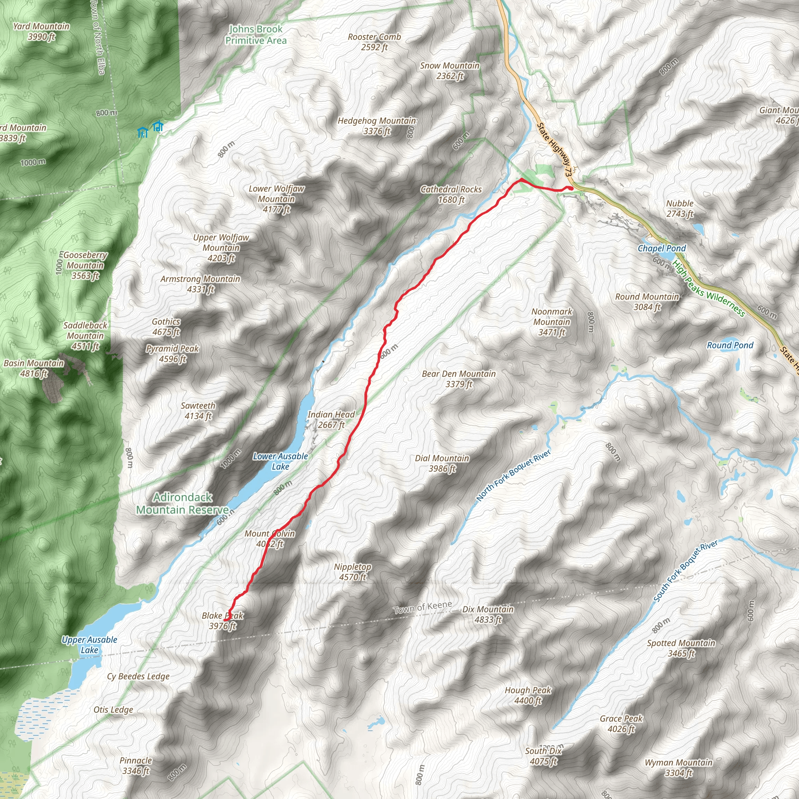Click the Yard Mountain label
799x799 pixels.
[x=41, y=32]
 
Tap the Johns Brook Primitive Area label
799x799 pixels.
[x=256, y=35]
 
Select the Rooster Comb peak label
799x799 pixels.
[x=374, y=42]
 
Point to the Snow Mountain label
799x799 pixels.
[x=449, y=71]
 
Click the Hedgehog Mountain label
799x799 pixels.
[x=377, y=126]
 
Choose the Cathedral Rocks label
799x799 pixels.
[x=451, y=194]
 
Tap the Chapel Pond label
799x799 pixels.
[x=661, y=248]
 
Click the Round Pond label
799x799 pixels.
[x=730, y=345]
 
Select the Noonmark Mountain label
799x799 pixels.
[x=552, y=321]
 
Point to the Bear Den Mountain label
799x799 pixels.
[x=459, y=379]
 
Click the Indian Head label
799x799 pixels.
[x=331, y=419]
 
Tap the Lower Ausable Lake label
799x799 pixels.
[x=281, y=461]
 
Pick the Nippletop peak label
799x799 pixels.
[x=353, y=572]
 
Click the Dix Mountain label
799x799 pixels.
[x=488, y=614]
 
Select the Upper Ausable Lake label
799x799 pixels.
[x=89, y=645]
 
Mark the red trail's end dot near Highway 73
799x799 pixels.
[x=571, y=188]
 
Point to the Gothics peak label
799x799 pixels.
[x=166, y=326]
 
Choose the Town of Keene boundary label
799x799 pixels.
[x=422, y=607]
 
